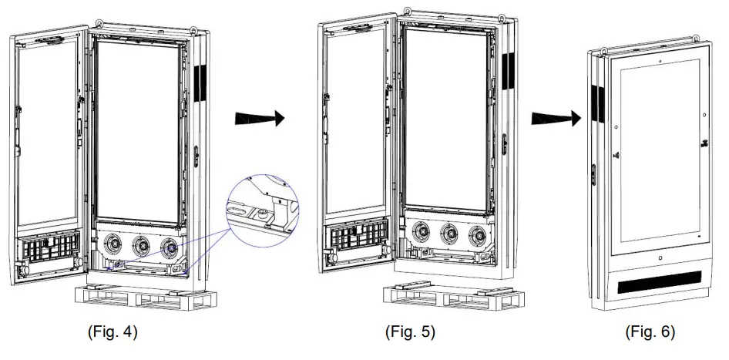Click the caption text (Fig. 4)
coord(113,332)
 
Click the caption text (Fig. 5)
coord(410,332)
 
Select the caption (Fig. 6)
coord(649,332)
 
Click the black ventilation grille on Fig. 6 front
coord(659,287)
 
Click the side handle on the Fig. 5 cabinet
coord(504,144)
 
